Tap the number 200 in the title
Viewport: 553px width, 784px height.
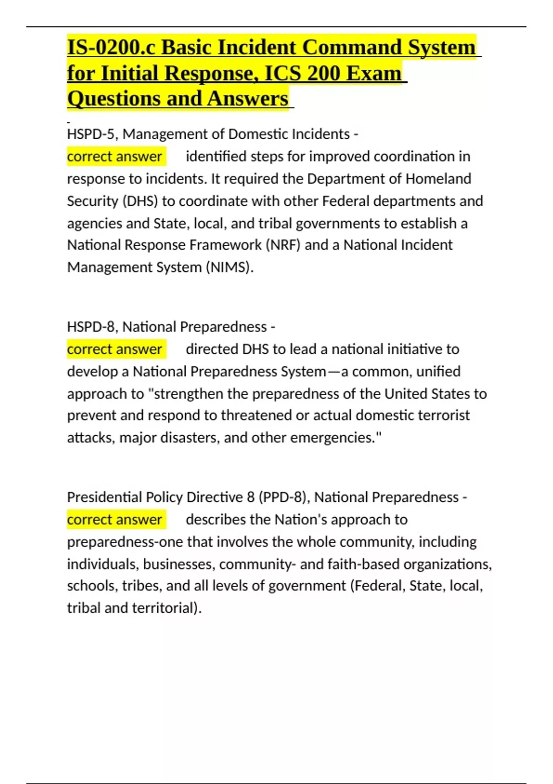point(324,74)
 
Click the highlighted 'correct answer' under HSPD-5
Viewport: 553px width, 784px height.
point(114,157)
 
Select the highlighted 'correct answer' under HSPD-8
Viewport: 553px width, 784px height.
point(114,350)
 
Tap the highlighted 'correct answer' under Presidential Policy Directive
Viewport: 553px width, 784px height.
point(114,520)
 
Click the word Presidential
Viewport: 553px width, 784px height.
point(105,497)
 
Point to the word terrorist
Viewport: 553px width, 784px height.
point(443,416)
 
